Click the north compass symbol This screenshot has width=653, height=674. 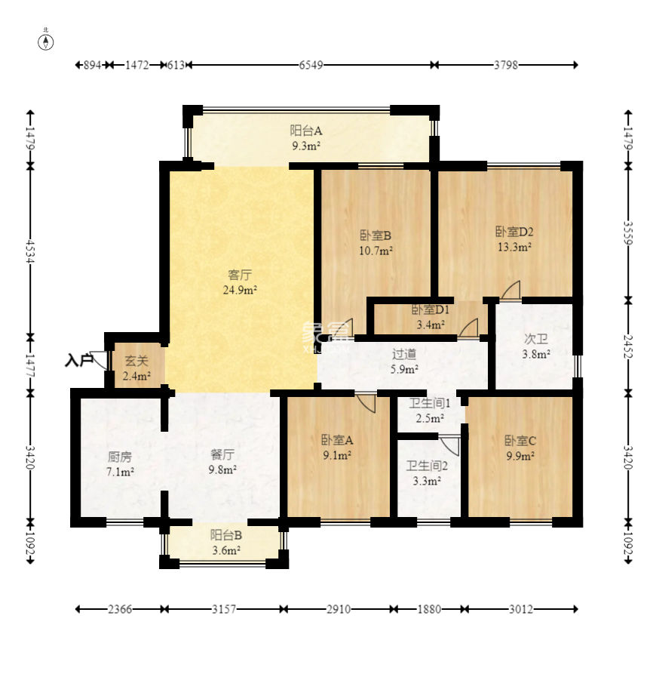pos(46,42)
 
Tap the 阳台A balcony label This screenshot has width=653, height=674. pos(306,130)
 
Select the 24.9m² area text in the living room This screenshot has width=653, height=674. pos(240,290)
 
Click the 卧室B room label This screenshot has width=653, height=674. pos(376,235)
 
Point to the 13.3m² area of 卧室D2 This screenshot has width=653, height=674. pos(515,247)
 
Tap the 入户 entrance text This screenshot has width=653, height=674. pos(79,360)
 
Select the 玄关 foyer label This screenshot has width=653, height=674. pos(136,361)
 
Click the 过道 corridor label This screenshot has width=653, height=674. pos(404,354)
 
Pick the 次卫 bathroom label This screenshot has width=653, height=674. pos(536,339)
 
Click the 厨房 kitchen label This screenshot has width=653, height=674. pos(120,457)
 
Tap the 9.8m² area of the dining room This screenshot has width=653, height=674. pos(222,469)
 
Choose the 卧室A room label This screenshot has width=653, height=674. pos(337,440)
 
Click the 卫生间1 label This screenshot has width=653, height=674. pos(430,403)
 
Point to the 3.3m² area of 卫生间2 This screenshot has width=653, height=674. pos(427,481)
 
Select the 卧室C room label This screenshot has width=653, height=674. pos(520,441)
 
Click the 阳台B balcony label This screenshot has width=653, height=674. pos(226,534)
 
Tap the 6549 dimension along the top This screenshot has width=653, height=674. pos(311,65)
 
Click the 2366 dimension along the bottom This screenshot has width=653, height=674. pos(120,609)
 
